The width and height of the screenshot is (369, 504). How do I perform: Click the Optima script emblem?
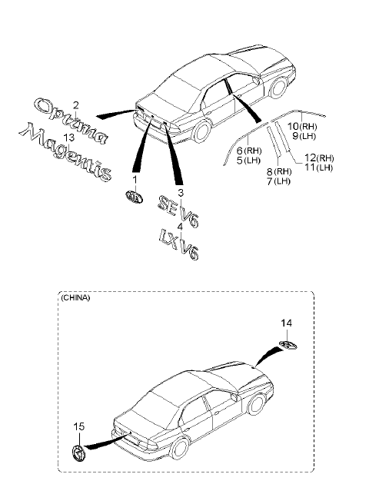point(71,121)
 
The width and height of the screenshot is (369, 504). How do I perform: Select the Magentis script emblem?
point(66,151)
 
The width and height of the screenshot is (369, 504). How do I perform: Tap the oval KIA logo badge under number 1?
point(134,197)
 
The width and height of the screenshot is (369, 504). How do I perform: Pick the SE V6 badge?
point(178,212)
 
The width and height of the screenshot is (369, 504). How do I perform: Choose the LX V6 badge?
point(179,245)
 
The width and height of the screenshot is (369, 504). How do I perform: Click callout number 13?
point(69,138)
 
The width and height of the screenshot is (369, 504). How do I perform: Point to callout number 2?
point(75,105)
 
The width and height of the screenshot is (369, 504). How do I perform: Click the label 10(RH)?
point(302,126)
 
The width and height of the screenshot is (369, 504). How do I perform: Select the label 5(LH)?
point(248,160)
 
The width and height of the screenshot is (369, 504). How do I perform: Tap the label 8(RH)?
point(279,171)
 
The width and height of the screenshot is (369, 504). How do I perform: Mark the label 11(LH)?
point(318,167)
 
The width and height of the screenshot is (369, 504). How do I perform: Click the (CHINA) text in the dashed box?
point(75,297)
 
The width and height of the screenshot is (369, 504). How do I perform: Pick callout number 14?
point(286,323)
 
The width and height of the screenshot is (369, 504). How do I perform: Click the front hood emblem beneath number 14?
point(288,345)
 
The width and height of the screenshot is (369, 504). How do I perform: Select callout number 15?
point(78,426)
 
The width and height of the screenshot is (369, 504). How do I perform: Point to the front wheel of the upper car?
point(278,88)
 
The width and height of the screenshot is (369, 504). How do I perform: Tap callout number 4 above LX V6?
point(180,227)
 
